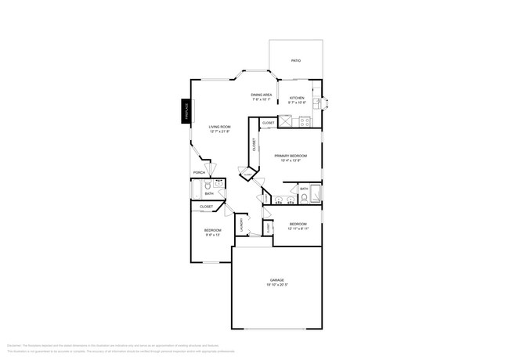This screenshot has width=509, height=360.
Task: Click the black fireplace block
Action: pyautogui.click(x=186, y=110)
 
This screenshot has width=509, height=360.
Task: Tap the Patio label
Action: pyautogui.click(x=296, y=60)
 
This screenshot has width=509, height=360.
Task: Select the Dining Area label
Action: pyautogui.click(x=262, y=95)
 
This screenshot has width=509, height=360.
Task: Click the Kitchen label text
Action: pyautogui.click(x=297, y=98)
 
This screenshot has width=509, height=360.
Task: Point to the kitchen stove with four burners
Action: pyautogui.click(x=304, y=121)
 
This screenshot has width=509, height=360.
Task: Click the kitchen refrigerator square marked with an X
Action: pyautogui.click(x=286, y=121)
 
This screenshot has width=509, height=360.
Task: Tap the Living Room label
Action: pyautogui.click(x=219, y=127)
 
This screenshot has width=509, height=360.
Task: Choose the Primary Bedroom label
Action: pyautogui.click(x=291, y=157)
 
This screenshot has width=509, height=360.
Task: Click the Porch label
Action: pyautogui.click(x=199, y=173)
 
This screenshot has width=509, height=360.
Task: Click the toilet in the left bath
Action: pyautogui.click(x=208, y=186)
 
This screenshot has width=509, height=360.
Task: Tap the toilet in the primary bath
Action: pyautogui.click(x=304, y=198)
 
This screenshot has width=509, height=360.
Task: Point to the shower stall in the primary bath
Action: pyautogui.click(x=316, y=193)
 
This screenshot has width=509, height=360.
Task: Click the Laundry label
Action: pyautogui.click(x=242, y=224)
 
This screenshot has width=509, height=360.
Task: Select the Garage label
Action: pyautogui.click(x=277, y=279)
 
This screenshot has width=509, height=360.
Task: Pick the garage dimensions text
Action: pyautogui.click(x=277, y=284)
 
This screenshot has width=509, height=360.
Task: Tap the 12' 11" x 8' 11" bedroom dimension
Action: pyautogui.click(x=298, y=228)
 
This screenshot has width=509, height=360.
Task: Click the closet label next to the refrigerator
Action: pyautogui.click(x=268, y=123)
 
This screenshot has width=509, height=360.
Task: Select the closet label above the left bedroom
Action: pyautogui.click(x=207, y=207)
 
